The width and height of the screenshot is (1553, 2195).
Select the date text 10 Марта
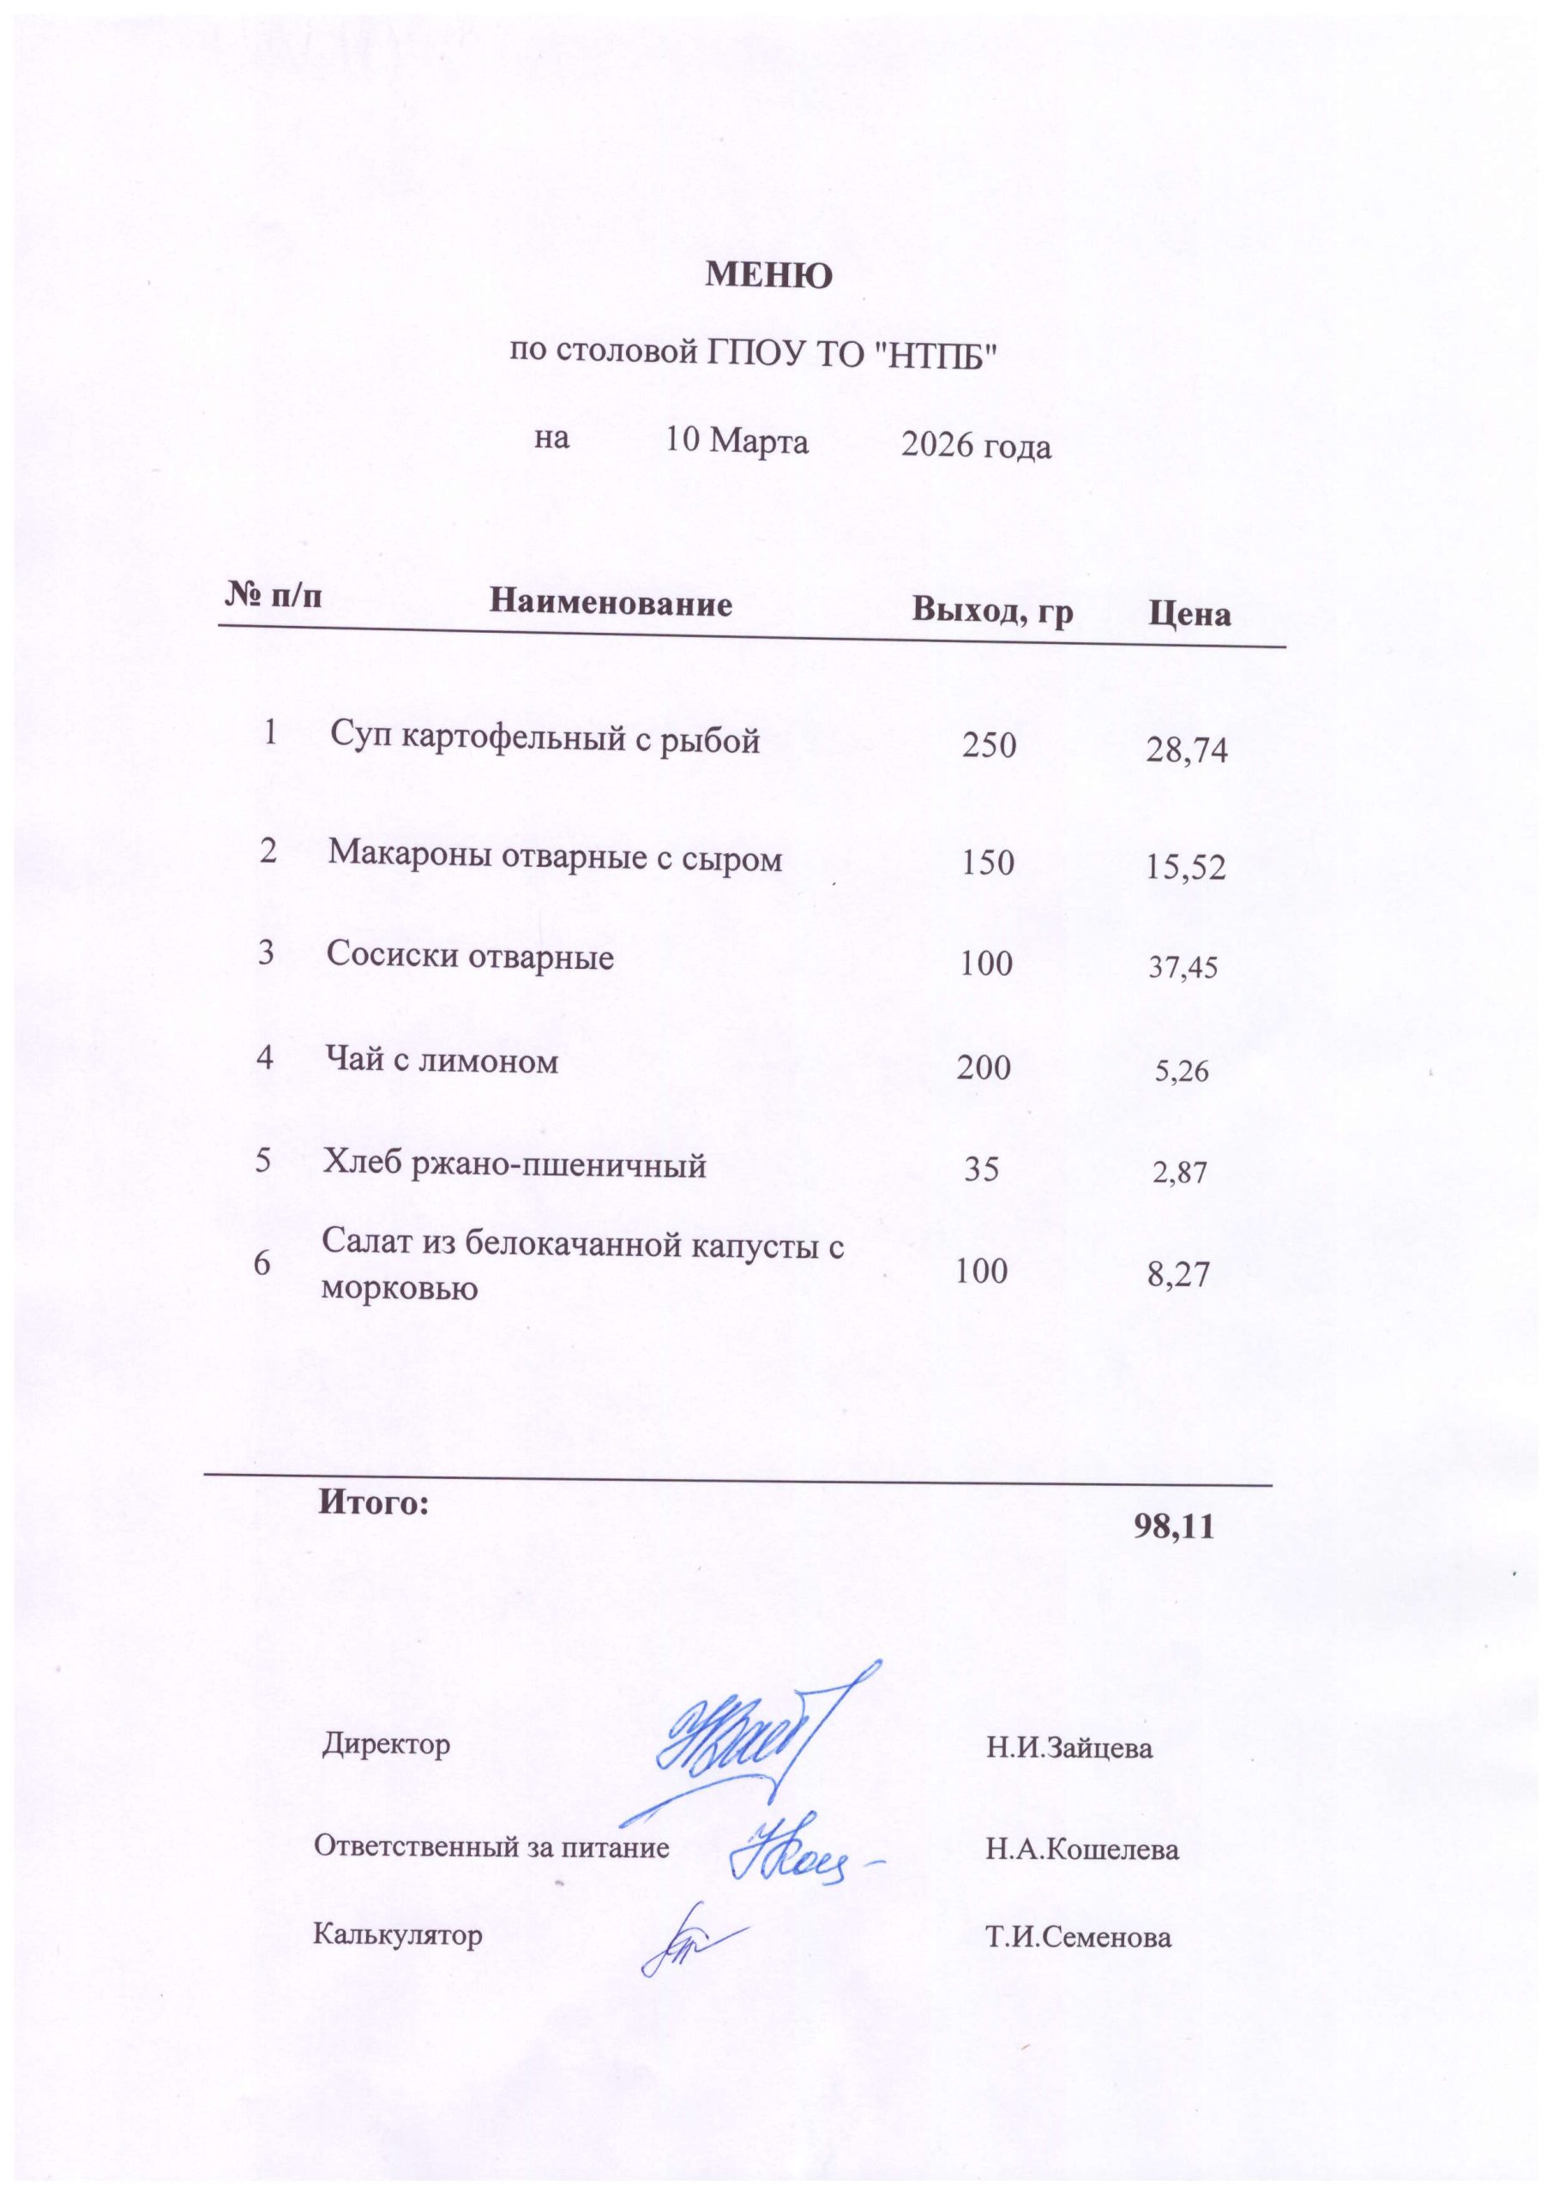pos(737,442)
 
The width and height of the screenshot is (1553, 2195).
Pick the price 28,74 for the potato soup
pos(1186,751)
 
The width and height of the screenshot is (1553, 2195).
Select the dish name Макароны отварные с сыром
pos(555,857)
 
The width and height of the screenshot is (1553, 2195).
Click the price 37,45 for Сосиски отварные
pos(1183,968)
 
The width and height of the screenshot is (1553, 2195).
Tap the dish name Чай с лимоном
pos(442,1061)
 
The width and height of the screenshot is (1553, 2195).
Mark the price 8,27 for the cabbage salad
pos(1179,1274)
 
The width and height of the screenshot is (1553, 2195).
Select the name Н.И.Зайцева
pos(1069,1749)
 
